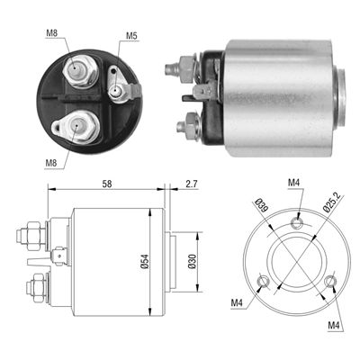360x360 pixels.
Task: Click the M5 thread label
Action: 130,36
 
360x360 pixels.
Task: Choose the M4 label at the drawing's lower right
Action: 335,324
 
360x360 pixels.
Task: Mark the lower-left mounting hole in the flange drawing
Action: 262,285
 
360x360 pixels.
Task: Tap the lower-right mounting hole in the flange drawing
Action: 333,284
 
